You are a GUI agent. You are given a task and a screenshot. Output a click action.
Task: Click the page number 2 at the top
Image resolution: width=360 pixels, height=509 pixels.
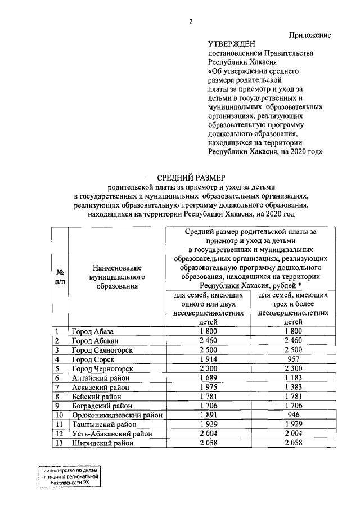point(191,21)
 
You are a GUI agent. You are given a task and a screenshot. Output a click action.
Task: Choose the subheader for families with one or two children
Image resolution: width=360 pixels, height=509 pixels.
point(209,308)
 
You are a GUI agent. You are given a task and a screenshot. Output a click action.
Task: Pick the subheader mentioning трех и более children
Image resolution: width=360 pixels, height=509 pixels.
point(293,308)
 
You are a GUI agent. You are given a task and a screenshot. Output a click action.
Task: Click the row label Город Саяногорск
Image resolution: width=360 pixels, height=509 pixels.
point(101,350)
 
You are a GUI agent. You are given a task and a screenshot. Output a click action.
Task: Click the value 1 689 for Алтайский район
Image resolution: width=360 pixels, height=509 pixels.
point(209,378)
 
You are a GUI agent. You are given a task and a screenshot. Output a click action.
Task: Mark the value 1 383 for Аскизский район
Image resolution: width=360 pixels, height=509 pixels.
point(293,388)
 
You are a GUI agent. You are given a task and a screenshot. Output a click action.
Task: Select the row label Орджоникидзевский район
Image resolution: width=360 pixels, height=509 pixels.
point(116,416)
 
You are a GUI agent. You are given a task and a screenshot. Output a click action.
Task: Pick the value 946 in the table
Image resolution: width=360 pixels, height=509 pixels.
point(293,416)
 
